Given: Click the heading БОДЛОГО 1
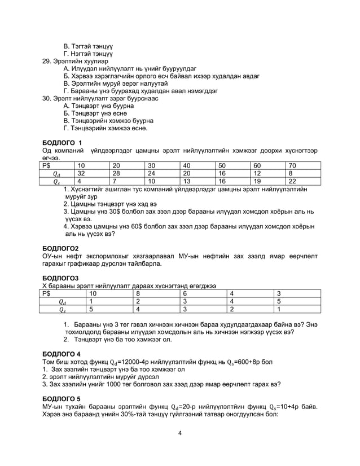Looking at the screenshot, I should [x=63, y=142].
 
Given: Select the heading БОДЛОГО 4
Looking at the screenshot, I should [x=62, y=353].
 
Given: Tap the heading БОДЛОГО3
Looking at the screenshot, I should [x=61, y=278].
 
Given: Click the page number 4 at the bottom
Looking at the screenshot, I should [x=179, y=433].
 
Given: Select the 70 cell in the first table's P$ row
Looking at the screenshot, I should [x=292, y=165].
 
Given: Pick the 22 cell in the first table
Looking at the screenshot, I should [x=292, y=181].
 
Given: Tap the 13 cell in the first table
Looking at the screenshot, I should [x=187, y=181].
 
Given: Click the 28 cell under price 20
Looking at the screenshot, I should [x=116, y=173].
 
